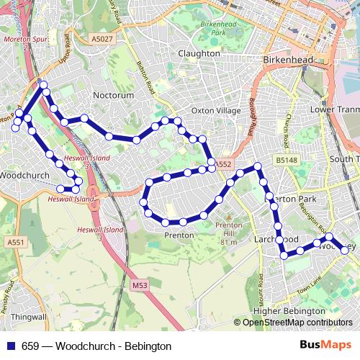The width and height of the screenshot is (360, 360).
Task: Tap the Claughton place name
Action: pyautogui.click(x=199, y=53)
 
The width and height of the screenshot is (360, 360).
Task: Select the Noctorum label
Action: pyautogui.click(x=114, y=94)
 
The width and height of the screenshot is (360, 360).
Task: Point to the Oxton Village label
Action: pyautogui.click(x=216, y=110)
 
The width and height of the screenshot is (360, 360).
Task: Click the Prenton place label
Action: pyautogui.click(x=179, y=235)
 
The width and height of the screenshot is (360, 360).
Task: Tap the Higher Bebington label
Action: pyautogui.click(x=289, y=310)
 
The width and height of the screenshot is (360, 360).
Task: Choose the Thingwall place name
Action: pyautogui.click(x=29, y=316)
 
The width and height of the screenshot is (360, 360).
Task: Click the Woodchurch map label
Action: pyautogui.click(x=23, y=175)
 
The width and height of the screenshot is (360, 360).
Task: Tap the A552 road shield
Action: pyautogui.click(x=223, y=164)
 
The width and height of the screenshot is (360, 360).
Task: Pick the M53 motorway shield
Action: pyautogui.click(x=140, y=285)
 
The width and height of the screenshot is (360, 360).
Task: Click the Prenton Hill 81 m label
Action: pyautogui.click(x=228, y=233)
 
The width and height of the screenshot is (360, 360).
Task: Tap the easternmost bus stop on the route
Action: pyautogui.click(x=344, y=250)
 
